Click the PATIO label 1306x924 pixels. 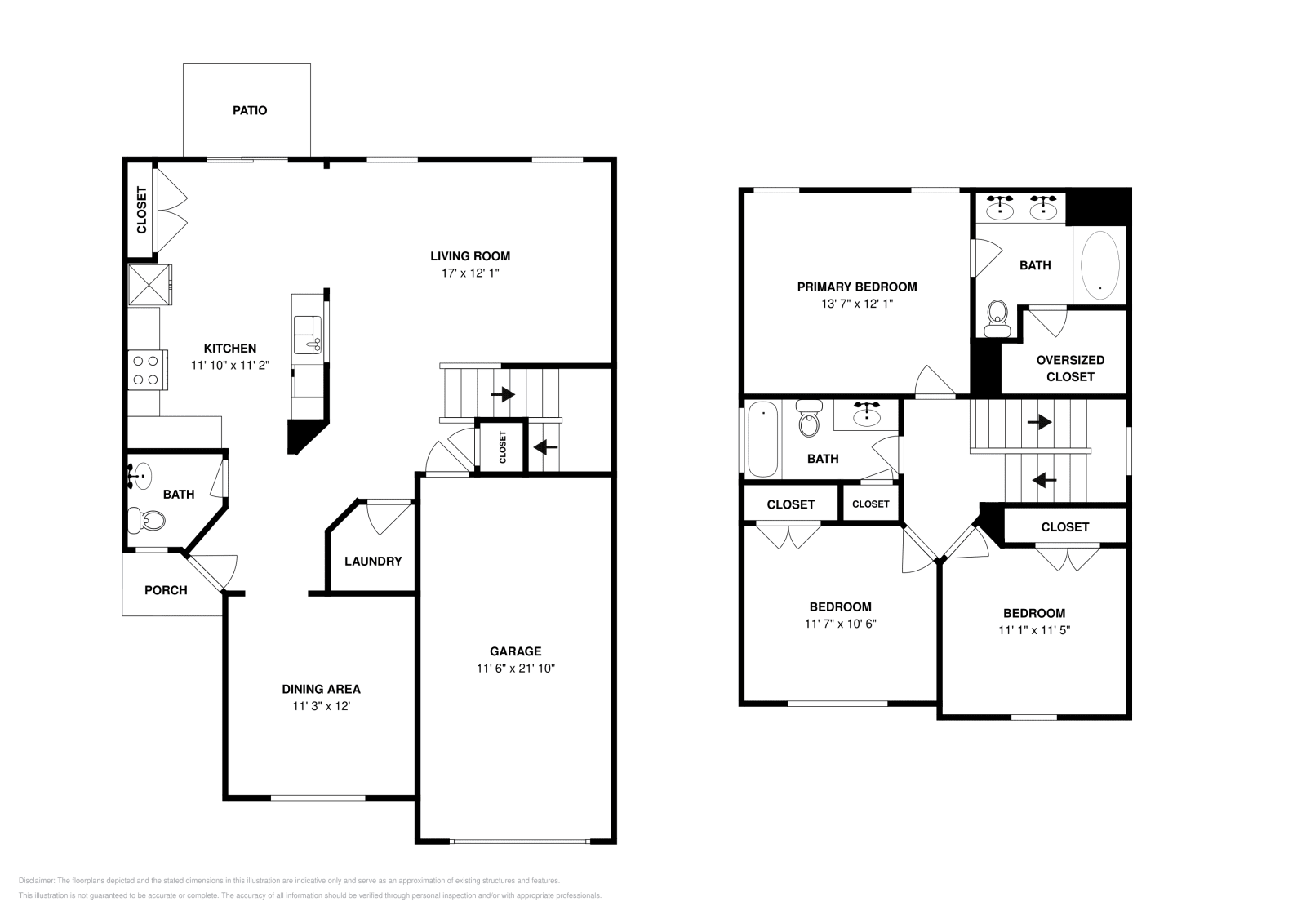click(x=250, y=110)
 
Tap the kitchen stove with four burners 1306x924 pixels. click(x=146, y=369)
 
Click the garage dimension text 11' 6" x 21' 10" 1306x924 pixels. click(x=516, y=668)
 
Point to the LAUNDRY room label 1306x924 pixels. click(x=372, y=562)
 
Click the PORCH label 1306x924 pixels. click(x=166, y=590)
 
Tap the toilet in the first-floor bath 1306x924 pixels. click(x=147, y=518)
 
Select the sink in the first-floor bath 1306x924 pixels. click(x=141, y=475)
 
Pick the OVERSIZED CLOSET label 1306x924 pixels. click(x=1070, y=368)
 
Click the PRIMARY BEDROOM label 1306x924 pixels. click(x=856, y=287)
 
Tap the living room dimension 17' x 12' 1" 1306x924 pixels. click(x=470, y=273)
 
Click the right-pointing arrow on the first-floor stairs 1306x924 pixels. click(x=503, y=394)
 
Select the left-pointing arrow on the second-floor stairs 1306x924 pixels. click(x=1045, y=480)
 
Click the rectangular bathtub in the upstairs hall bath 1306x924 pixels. click(x=762, y=439)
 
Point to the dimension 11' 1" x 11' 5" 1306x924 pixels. click(x=1033, y=630)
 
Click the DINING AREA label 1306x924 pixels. click(x=321, y=689)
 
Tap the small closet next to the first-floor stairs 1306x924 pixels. click(x=502, y=446)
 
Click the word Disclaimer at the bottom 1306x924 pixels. click(x=35, y=881)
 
